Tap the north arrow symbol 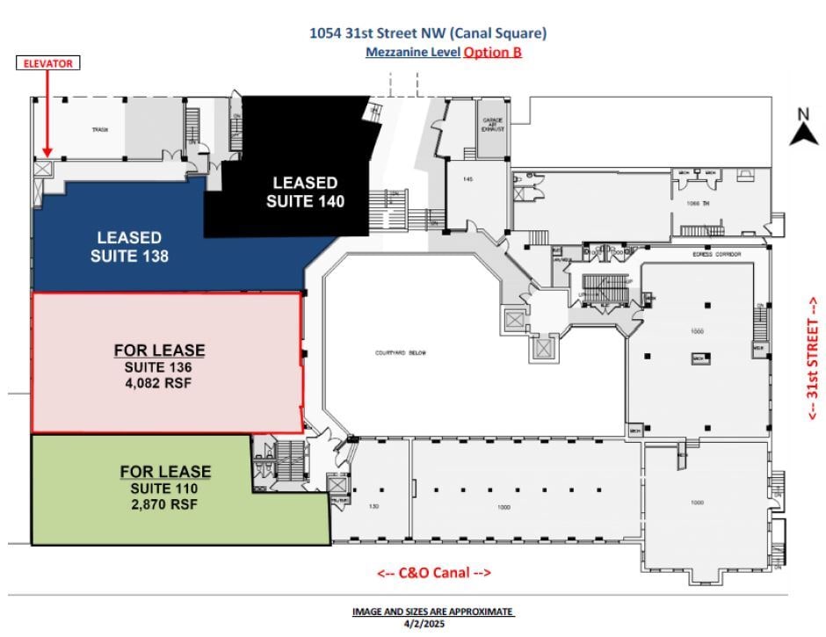coord(802,130)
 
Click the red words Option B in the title coord(492,52)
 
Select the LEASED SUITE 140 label coord(305,192)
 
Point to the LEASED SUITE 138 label coord(129,247)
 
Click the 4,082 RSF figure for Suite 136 coord(159,383)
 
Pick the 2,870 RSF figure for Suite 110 coord(164,504)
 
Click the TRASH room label coord(99,131)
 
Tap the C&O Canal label coord(434,573)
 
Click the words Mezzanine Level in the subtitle coord(411,52)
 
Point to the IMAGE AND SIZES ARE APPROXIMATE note coord(432,612)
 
